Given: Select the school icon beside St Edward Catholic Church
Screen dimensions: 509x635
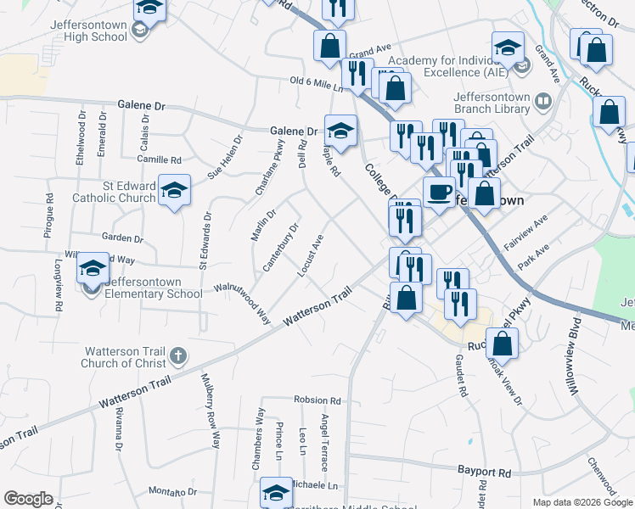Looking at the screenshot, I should coord(174,191).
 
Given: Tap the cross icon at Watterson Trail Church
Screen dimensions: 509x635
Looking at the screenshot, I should coord(177,353).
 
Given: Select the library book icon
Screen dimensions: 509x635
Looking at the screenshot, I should coord(543,103).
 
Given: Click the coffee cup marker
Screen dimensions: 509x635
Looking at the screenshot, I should coord(439,193).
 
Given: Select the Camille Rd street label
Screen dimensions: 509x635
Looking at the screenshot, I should coord(160,159).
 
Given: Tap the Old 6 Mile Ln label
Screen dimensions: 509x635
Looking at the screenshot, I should coord(315,83).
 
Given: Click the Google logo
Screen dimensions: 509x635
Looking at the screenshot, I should coord(28,499).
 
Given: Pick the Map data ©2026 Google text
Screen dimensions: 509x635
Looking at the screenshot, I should coord(582,502).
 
